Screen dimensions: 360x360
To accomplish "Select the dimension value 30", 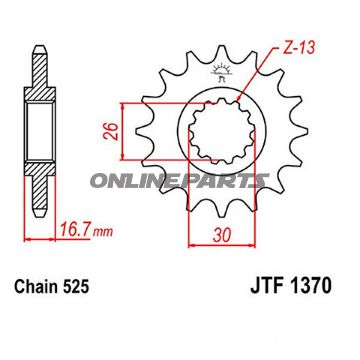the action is point(222,236).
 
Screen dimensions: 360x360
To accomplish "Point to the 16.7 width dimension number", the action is point(75,230).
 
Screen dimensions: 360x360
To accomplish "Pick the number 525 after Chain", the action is point(76,287).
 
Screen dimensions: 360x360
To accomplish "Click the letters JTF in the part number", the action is point(266,287).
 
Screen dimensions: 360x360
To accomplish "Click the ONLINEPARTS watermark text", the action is point(180,181).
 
